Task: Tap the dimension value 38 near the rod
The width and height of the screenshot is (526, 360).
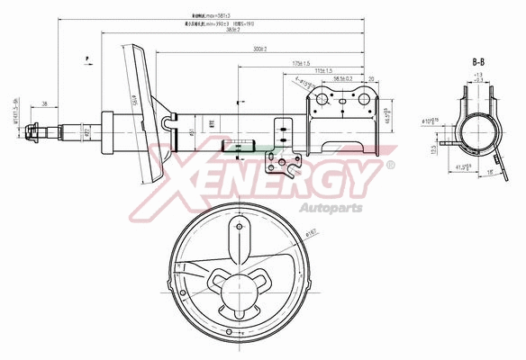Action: [44, 104]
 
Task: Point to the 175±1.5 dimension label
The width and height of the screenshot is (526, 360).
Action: [300, 63]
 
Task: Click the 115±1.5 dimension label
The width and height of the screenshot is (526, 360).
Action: [323, 70]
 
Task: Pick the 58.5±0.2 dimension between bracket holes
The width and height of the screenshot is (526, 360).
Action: [342, 79]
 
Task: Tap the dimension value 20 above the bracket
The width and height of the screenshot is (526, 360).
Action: [371, 79]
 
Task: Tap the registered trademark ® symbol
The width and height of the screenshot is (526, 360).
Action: [390, 165]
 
